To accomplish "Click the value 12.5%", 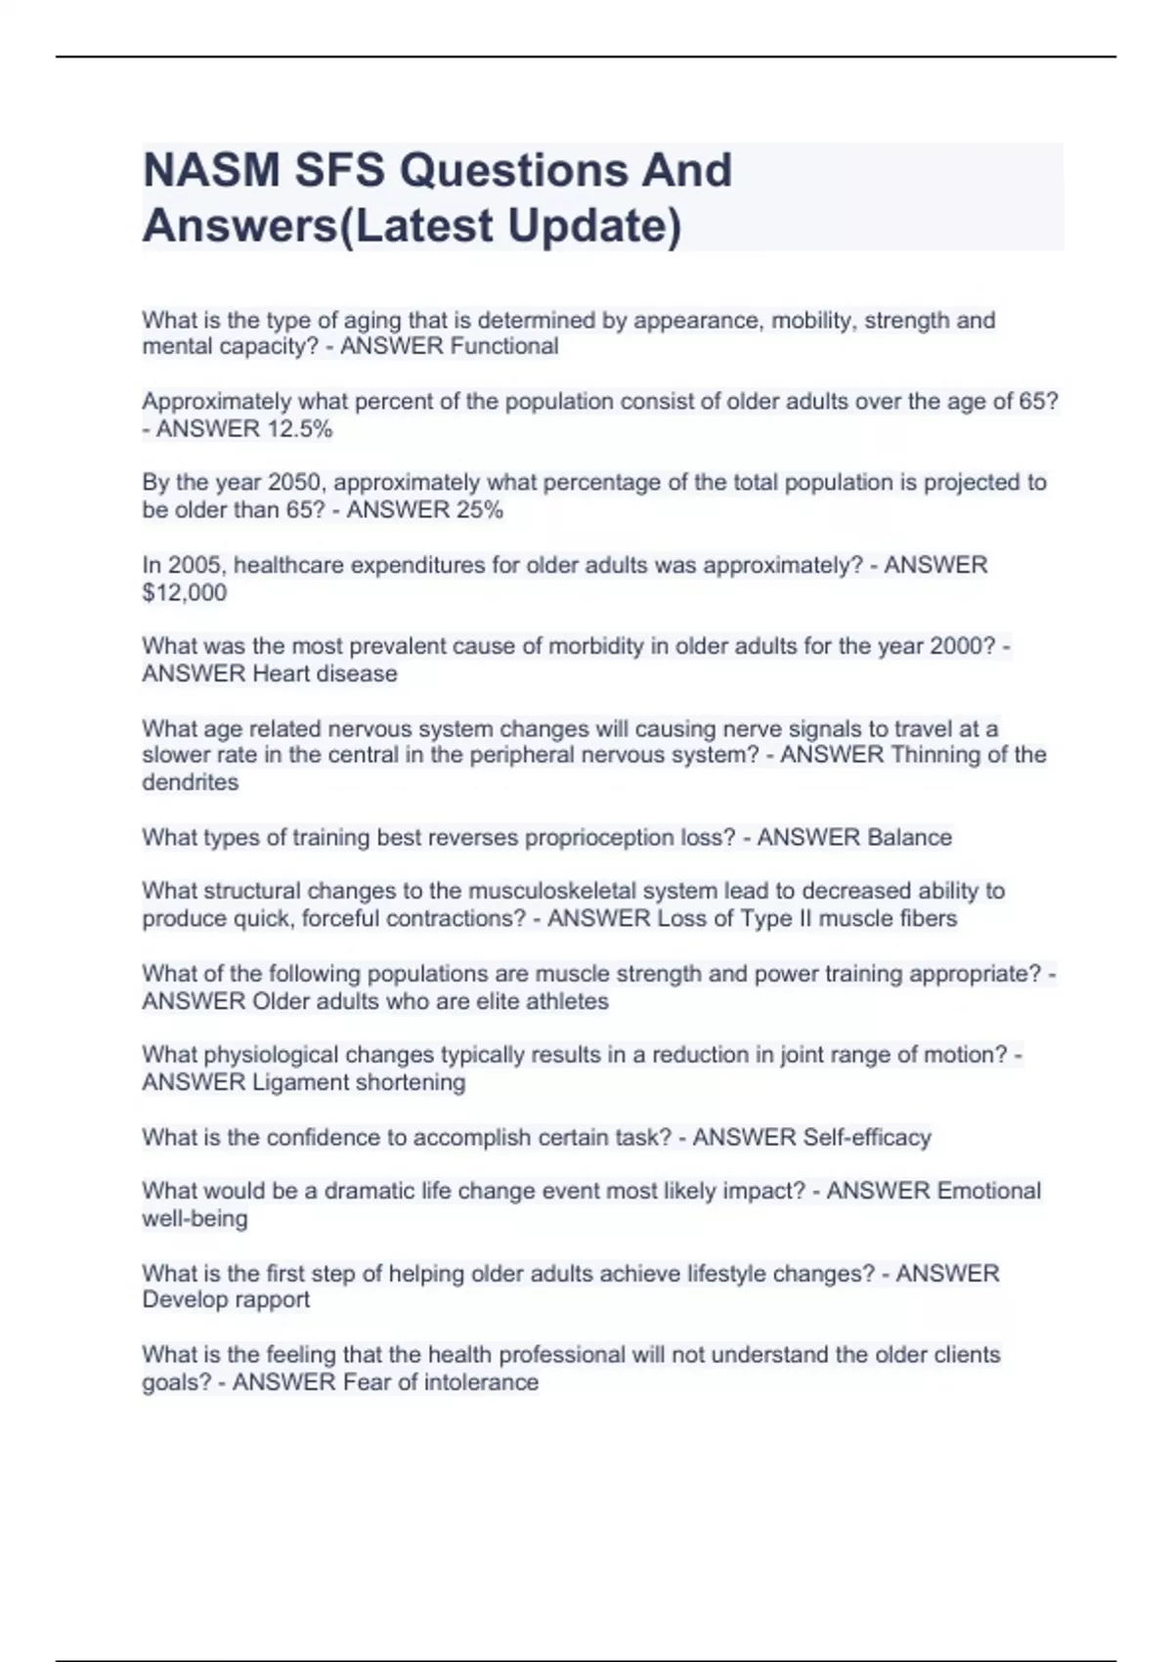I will tap(299, 428).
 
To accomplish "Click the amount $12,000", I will tap(184, 592).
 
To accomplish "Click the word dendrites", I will tap(190, 782).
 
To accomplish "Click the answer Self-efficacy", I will tap(866, 1137).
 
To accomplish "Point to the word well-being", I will tap(195, 1218).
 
